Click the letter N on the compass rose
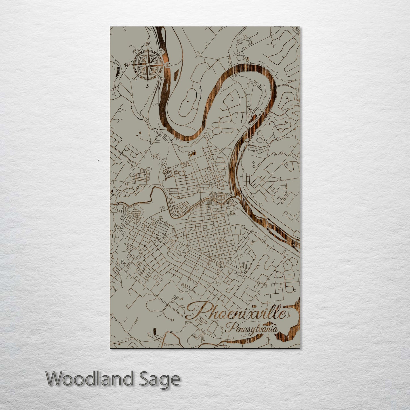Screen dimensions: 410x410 (148, 44)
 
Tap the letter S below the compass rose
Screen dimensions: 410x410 (147, 85)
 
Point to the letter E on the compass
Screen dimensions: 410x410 (168, 65)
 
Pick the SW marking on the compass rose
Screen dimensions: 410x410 (133, 79)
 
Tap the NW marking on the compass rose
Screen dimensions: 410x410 (134, 52)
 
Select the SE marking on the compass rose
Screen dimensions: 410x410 (162, 79)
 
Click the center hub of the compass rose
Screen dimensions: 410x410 (148, 65)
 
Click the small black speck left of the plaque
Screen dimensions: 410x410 (98, 160)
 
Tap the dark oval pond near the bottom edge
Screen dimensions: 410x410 (154, 331)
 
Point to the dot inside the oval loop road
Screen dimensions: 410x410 (188, 100)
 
